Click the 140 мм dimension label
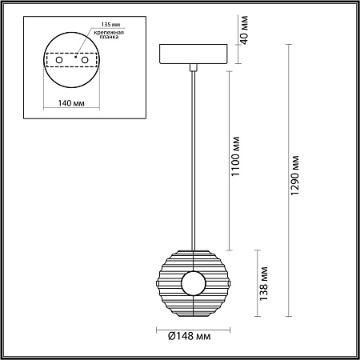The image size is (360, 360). pyautogui.click(x=71, y=103)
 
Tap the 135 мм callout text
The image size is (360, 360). pyautogui.click(x=110, y=25)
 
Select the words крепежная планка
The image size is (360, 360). pyautogui.click(x=109, y=34)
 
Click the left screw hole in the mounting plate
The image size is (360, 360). pyautogui.click(x=59, y=60)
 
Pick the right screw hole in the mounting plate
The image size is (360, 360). pyautogui.click(x=85, y=60)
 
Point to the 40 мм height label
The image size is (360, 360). pyautogui.click(x=244, y=30)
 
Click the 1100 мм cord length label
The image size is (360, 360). pyautogui.click(x=235, y=156)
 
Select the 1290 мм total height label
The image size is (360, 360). pyautogui.click(x=294, y=175)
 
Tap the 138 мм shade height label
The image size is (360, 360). pyautogui.click(x=263, y=283)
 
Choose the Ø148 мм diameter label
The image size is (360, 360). pyautogui.click(x=189, y=336)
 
